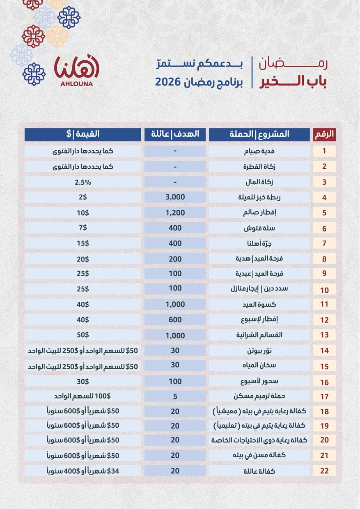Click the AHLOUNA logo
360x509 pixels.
click(77, 71)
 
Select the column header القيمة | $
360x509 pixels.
click(83, 134)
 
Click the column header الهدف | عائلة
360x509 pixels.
click(175, 134)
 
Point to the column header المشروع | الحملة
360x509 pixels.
click(259, 134)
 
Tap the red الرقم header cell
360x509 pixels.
click(324, 134)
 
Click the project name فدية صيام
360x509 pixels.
click(259, 151)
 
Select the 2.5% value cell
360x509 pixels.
click(83, 182)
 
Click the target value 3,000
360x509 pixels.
click(175, 197)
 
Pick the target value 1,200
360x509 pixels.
click(175, 213)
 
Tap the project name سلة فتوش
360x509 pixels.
click(259, 228)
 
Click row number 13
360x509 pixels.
click(324, 335)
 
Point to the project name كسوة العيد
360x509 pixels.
click(259, 305)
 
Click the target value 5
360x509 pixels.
click(175, 396)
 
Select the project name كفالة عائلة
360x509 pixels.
click(259, 471)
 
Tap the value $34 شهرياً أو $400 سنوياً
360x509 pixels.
click(83, 471)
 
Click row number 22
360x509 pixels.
click(324, 471)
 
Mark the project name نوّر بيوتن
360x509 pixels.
click(259, 351)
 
